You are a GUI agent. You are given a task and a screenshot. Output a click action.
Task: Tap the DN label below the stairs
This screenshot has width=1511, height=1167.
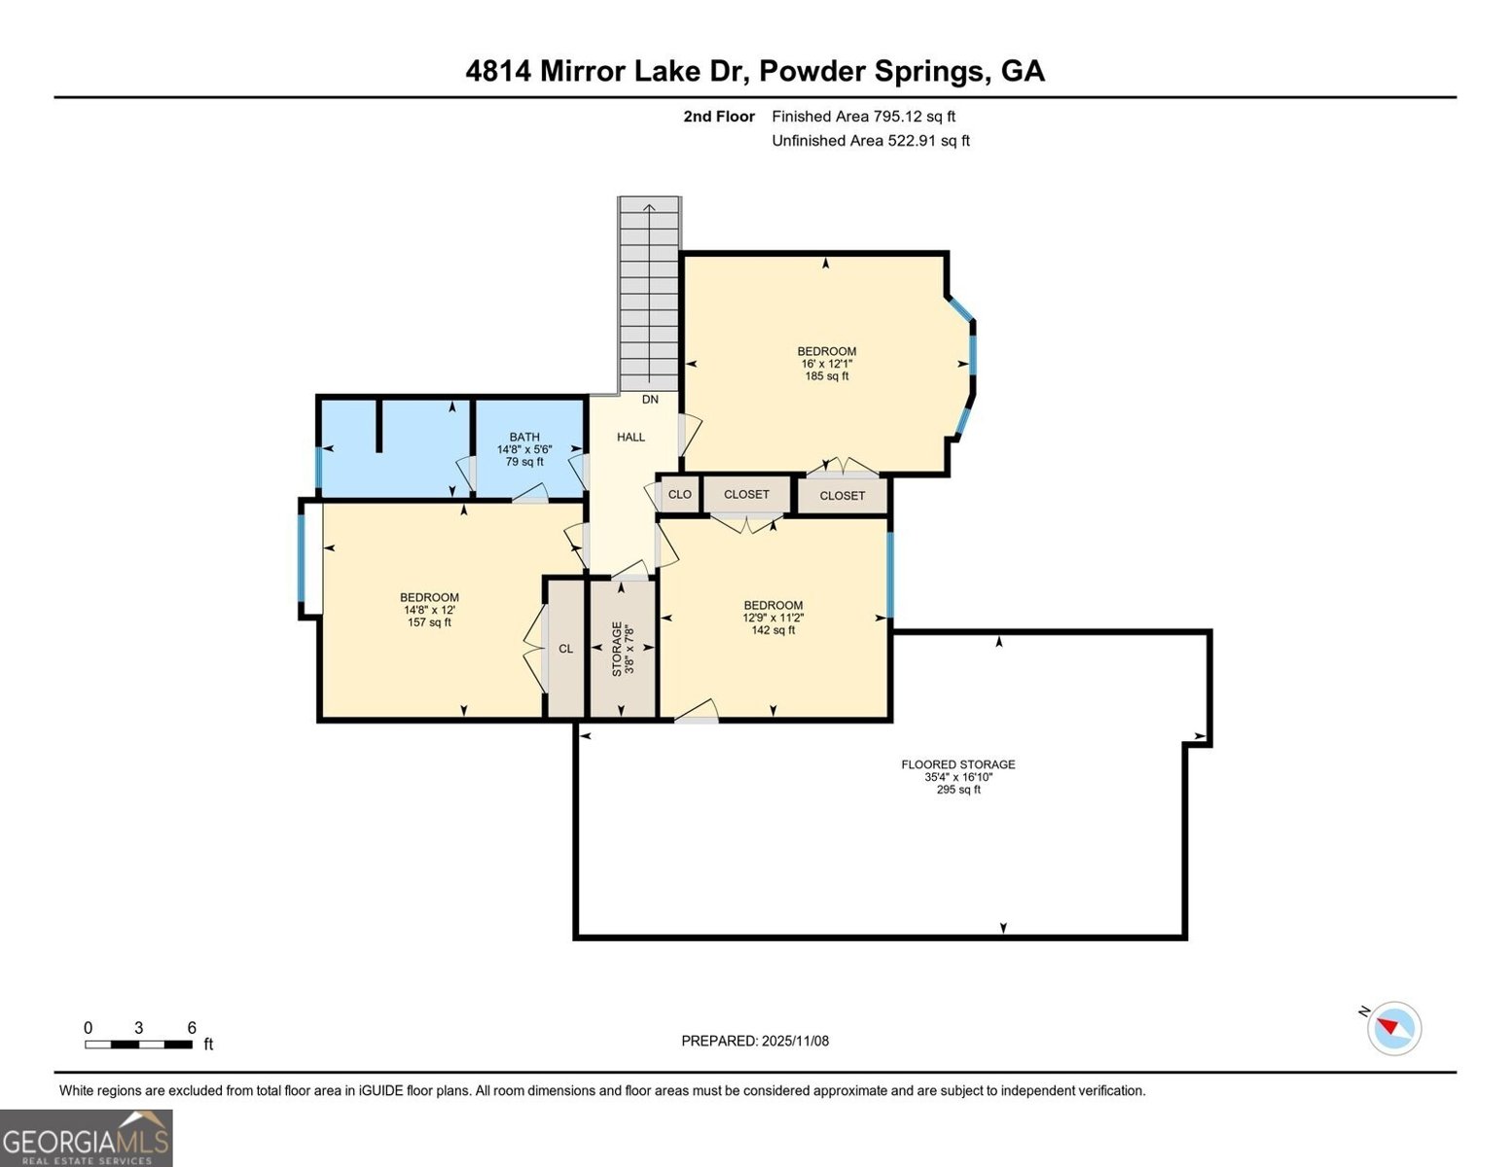click(x=650, y=400)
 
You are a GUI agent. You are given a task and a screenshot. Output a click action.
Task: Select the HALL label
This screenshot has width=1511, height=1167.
click(x=630, y=438)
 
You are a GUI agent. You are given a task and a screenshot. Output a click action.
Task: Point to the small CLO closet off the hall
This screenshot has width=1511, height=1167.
click(x=679, y=495)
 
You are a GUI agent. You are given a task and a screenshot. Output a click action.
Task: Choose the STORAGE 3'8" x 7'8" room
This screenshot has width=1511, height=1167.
click(x=623, y=649)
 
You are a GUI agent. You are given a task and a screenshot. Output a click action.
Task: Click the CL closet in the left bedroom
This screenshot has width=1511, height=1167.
click(x=565, y=650)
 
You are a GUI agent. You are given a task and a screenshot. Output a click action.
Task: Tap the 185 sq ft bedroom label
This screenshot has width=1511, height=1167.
click(x=826, y=364)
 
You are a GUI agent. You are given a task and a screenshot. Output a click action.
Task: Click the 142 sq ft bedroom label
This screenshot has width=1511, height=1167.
click(x=773, y=618)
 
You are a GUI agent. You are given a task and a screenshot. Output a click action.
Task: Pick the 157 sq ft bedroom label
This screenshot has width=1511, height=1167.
click(x=429, y=610)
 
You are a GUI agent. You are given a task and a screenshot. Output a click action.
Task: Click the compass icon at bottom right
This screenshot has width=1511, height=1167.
click(x=1394, y=1028)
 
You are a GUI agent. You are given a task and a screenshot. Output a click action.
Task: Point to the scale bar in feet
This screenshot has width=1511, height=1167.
click(x=139, y=1043)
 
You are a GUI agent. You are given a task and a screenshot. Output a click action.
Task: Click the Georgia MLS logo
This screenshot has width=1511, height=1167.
click(x=87, y=1138)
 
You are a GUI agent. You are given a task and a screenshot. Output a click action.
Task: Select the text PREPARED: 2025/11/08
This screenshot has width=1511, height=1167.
click(x=754, y=1041)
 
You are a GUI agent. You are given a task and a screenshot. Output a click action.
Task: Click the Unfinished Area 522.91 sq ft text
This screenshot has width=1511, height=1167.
click(x=870, y=141)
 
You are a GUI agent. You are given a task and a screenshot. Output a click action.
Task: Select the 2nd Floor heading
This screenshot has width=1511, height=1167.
click(x=719, y=117)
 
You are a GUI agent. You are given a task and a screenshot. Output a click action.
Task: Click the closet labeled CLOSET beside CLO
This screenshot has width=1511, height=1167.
click(x=746, y=495)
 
